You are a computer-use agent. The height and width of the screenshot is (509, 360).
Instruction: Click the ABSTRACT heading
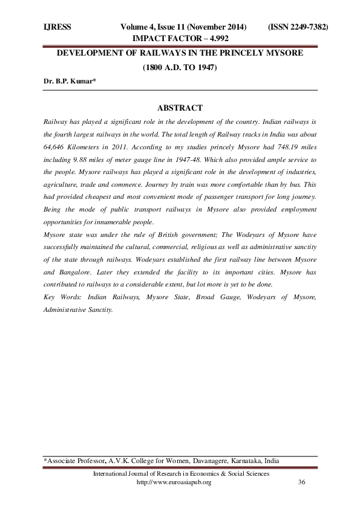pos(180,108)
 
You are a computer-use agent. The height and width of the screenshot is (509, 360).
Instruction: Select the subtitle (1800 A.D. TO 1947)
pos(179,68)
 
